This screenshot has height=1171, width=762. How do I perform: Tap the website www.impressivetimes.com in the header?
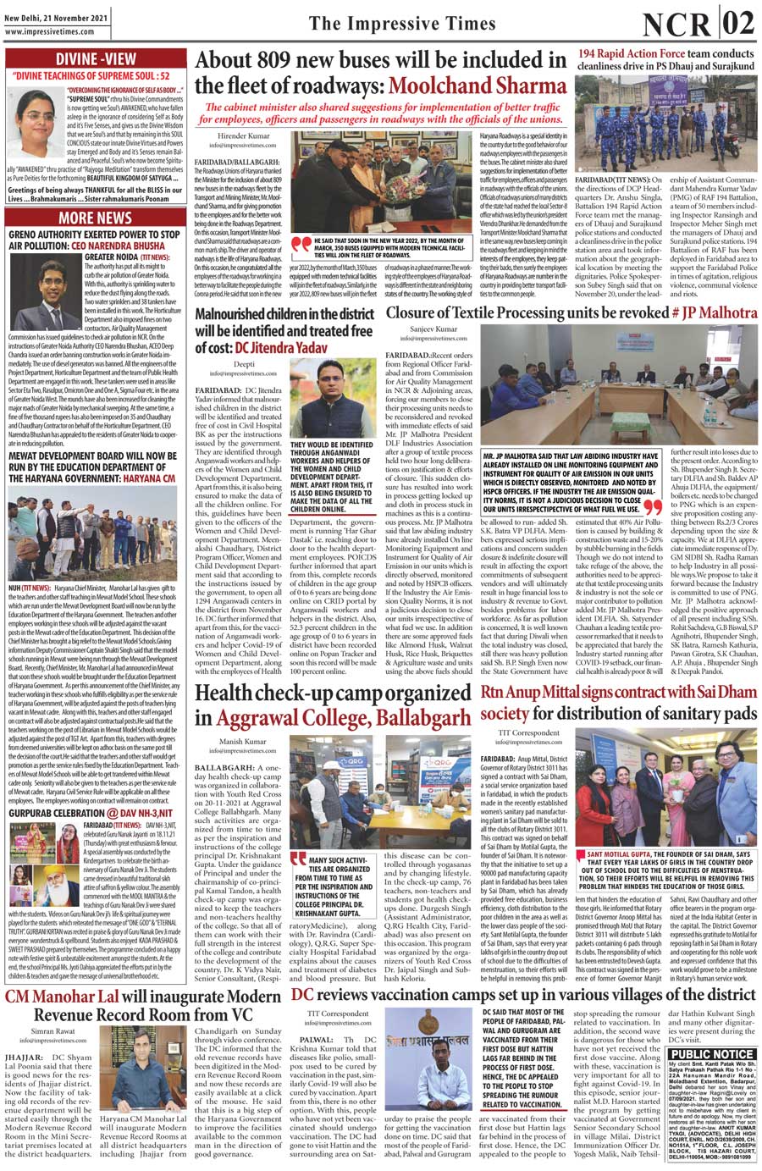48,32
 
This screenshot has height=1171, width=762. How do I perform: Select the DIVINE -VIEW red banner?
95,58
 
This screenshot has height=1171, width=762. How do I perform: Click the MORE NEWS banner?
95,218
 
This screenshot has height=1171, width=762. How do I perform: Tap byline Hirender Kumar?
244,135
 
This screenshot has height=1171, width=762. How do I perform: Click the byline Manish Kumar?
243,741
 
